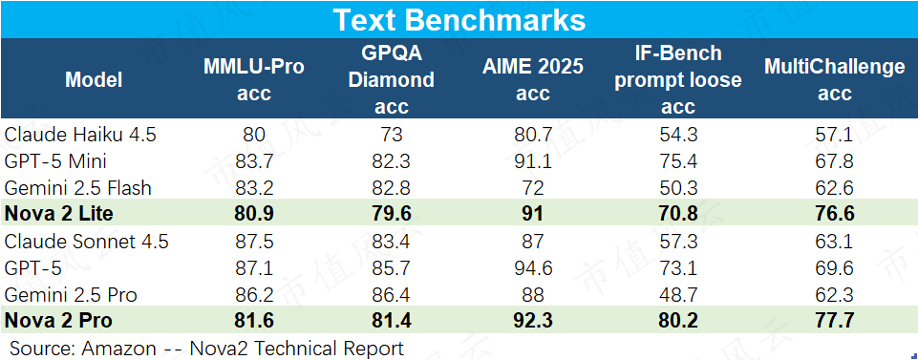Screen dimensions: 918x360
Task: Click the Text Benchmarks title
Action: click(459, 20)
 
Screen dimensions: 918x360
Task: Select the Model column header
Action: click(94, 79)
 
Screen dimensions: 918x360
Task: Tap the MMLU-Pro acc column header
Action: click(253, 79)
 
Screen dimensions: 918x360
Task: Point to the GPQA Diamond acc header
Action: click(391, 79)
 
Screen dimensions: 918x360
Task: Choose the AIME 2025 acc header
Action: click(533, 79)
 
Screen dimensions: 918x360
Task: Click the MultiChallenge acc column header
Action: click(834, 79)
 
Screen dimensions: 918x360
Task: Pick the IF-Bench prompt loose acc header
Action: click(678, 79)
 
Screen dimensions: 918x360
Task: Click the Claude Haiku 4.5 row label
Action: click(80, 135)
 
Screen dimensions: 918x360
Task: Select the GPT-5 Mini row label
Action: click(55, 161)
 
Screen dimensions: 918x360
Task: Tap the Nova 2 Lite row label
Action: click(58, 214)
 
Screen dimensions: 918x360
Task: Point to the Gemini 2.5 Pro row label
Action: click(71, 294)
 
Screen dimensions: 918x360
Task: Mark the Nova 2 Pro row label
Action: click(58, 321)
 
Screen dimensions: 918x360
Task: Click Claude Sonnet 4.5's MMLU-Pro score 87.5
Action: click(253, 242)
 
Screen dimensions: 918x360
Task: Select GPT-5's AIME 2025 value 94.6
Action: click(533, 268)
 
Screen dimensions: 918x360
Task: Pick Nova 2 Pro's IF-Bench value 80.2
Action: click(678, 321)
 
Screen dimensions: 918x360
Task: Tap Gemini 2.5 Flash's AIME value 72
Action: click(533, 188)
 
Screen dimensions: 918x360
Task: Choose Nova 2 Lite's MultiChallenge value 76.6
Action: click(834, 214)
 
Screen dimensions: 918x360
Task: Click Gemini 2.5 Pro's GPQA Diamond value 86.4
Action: click(391, 294)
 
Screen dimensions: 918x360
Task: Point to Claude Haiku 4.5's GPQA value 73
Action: click(391, 135)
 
